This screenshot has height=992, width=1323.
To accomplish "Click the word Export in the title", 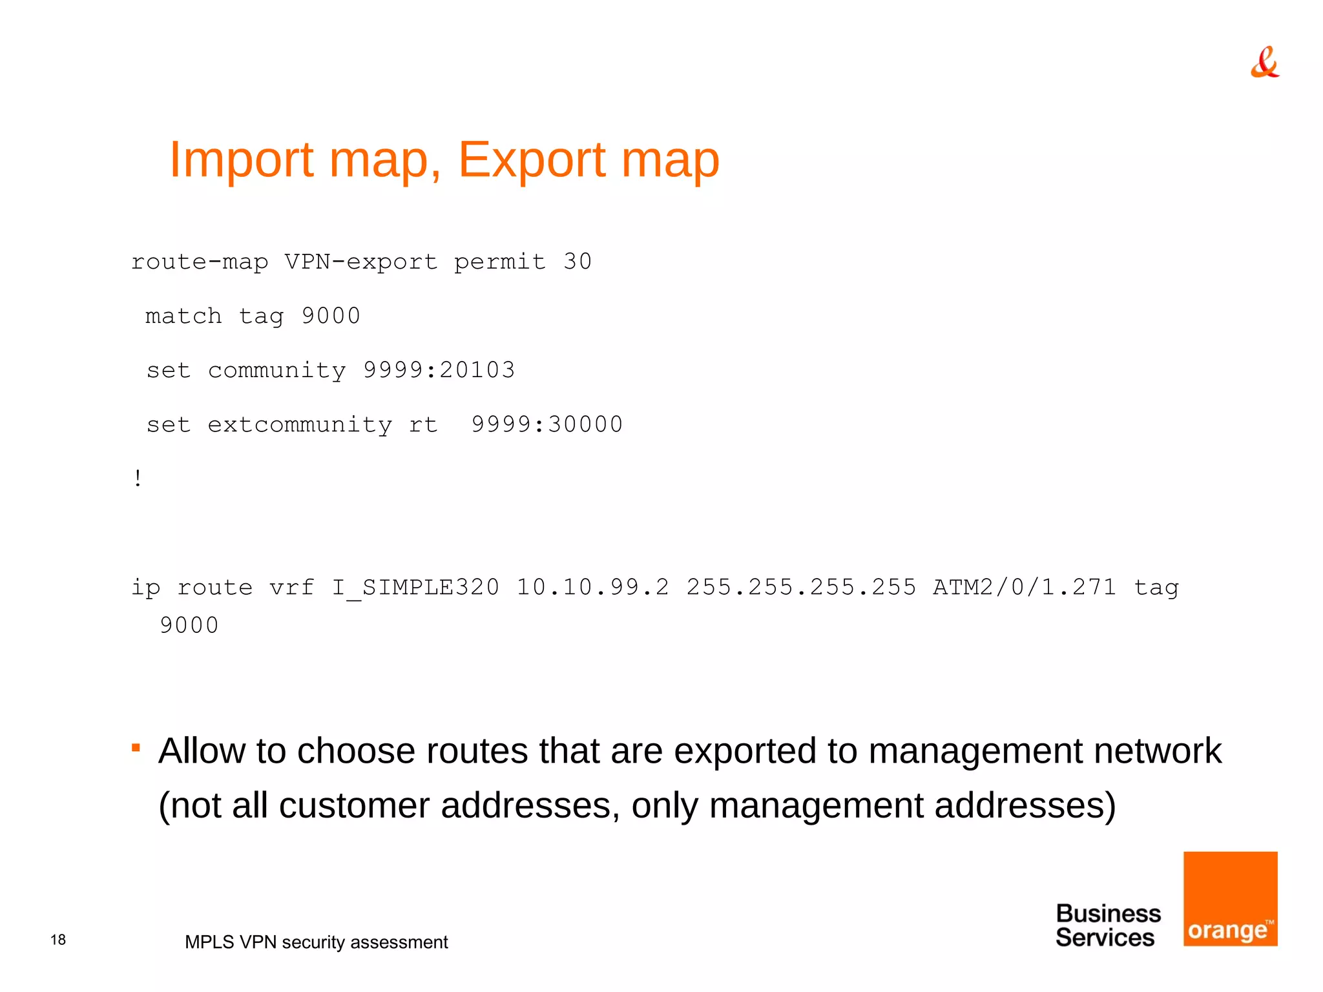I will pyautogui.click(x=531, y=160).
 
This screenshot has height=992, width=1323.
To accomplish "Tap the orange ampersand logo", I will pyautogui.click(x=1264, y=63).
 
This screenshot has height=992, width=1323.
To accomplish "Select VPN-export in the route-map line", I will pyautogui.click(x=360, y=262).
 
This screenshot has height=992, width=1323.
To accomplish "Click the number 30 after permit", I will pyautogui.click(x=577, y=262).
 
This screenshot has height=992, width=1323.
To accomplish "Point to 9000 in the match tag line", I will pyautogui.click(x=331, y=316).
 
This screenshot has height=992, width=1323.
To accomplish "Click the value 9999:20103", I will pyautogui.click(x=439, y=370).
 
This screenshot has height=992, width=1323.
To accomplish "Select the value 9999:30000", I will pyautogui.click(x=547, y=424).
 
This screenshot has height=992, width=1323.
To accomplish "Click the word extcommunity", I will pyautogui.click(x=299, y=425).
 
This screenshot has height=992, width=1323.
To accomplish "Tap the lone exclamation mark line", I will pyautogui.click(x=138, y=479).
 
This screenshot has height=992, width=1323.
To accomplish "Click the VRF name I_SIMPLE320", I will pyautogui.click(x=415, y=587).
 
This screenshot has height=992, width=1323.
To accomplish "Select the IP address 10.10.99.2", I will pyautogui.click(x=592, y=587).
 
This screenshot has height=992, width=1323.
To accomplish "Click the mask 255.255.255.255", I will pyautogui.click(x=800, y=587).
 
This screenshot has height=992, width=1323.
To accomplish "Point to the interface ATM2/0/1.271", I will pyautogui.click(x=1024, y=587).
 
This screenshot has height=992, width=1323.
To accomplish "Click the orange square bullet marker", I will pyautogui.click(x=136, y=748).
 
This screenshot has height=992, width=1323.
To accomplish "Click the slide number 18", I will pyautogui.click(x=58, y=940).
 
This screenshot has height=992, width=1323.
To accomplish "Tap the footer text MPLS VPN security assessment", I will pyautogui.click(x=316, y=942).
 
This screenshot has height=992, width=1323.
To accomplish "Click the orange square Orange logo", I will pyautogui.click(x=1230, y=898).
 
